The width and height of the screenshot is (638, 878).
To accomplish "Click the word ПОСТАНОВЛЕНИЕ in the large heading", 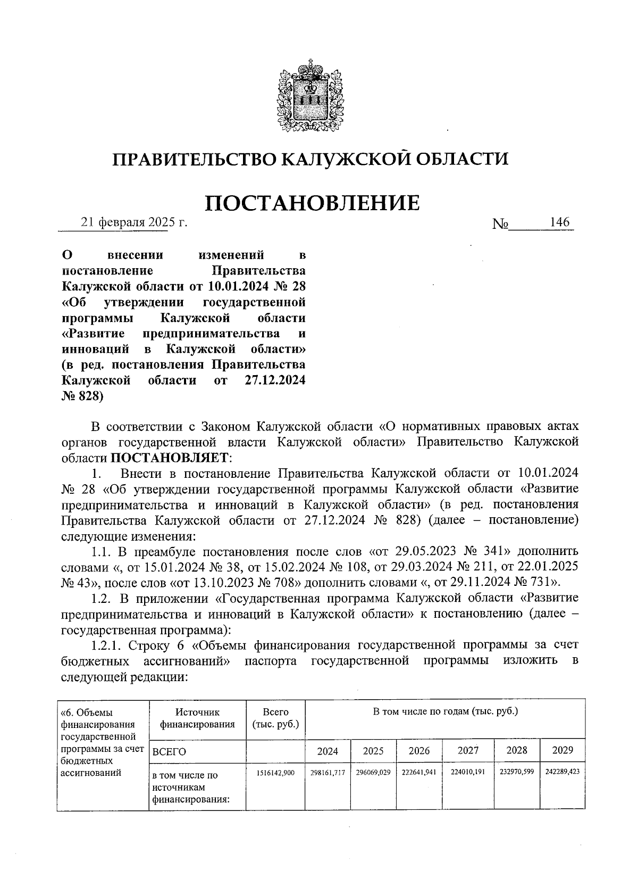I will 313,203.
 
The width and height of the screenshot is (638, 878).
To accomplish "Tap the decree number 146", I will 560,222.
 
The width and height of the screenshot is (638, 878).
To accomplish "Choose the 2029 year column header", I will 563,750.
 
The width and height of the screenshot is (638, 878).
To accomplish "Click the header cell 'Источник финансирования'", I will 197,718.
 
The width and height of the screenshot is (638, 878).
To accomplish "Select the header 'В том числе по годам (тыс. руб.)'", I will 446,711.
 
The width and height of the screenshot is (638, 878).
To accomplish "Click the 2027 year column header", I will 469,750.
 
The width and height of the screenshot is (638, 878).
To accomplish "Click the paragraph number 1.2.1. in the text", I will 107,645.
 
